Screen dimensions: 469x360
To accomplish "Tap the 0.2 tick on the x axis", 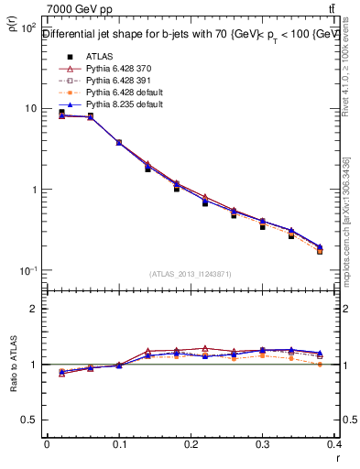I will point(191,443).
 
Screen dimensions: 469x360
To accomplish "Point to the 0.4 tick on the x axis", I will point(334,443).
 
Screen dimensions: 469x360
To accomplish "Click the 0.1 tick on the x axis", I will point(118,443).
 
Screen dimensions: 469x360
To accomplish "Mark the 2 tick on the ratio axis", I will point(32,309).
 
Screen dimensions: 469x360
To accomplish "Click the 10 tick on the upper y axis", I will point(28,108).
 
